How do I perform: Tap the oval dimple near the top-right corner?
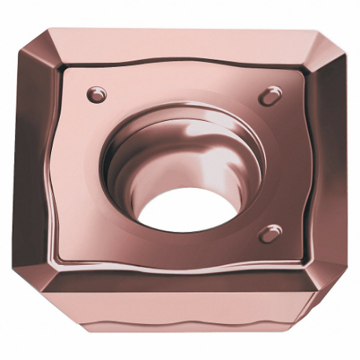[x=270, y=95]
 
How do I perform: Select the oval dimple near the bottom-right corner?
[x=271, y=233]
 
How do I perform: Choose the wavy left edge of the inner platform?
[x=63, y=165]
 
